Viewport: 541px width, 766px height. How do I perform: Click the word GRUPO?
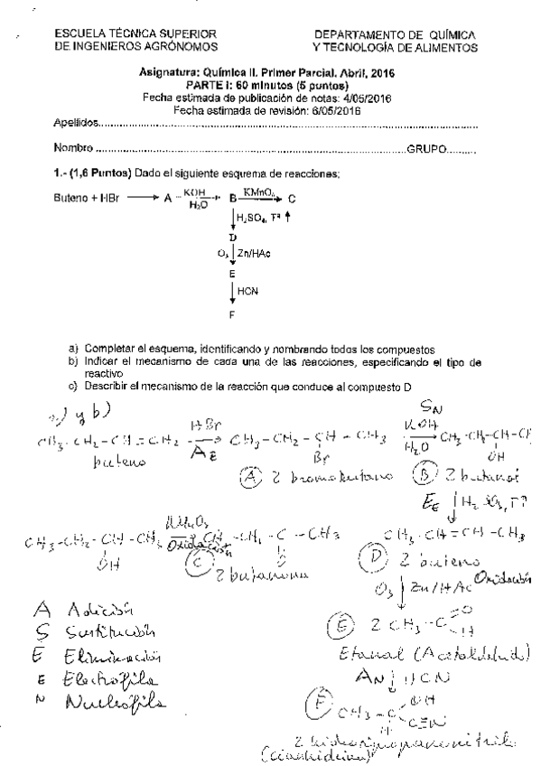pos(427,147)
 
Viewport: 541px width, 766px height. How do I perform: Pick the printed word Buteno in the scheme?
pos(71,197)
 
